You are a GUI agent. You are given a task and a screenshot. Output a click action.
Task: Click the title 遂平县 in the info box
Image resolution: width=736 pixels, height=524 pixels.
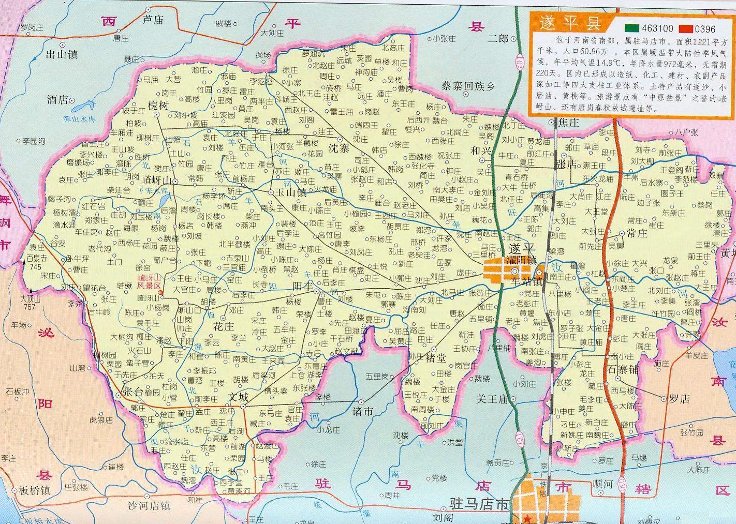(x=569, y=24)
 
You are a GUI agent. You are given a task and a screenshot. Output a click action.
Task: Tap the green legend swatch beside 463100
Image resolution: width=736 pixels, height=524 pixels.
(x=631, y=27)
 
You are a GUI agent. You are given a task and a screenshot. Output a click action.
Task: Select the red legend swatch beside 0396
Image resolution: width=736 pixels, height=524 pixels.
(x=687, y=27)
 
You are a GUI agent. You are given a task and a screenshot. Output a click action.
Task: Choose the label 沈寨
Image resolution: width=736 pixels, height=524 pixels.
(x=340, y=148)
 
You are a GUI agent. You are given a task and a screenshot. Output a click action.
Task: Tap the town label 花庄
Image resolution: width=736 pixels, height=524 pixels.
(x=224, y=326)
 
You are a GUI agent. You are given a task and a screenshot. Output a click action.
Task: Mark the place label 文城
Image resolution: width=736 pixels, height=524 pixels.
(x=239, y=397)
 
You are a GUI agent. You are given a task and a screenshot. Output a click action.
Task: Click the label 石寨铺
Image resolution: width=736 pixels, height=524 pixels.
(x=623, y=369)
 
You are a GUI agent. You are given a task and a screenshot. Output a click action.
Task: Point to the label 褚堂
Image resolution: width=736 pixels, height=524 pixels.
(x=435, y=357)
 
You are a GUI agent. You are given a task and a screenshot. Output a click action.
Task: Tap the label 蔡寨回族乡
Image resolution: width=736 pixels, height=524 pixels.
(x=468, y=86)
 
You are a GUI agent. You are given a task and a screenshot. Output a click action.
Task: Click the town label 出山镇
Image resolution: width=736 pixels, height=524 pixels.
(x=62, y=54)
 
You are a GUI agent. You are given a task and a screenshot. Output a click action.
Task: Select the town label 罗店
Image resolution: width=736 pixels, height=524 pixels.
(x=680, y=399)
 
